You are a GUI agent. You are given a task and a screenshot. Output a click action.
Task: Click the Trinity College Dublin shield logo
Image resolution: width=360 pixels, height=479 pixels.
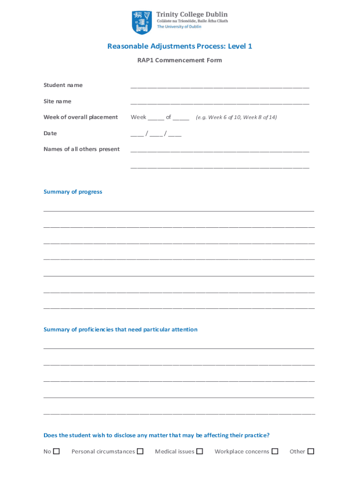(x=142, y=23)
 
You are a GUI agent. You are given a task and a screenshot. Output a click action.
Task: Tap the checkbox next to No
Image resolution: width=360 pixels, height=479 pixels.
(x=57, y=451)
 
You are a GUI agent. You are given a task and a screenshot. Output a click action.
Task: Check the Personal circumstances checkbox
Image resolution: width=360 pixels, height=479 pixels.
(x=140, y=451)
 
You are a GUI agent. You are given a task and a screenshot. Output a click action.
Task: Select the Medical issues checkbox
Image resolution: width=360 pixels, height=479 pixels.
(x=200, y=451)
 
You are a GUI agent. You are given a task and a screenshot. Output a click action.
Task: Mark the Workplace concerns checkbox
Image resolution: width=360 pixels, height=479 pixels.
(x=275, y=451)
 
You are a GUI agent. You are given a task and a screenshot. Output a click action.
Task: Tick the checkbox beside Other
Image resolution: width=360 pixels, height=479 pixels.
(x=310, y=451)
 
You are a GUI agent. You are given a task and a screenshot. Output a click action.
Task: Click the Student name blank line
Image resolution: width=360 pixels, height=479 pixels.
(x=220, y=87)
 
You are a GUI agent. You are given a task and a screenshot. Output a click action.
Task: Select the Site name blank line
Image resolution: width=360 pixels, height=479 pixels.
(x=220, y=103)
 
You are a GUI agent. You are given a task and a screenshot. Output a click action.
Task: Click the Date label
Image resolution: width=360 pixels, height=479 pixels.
(x=50, y=133)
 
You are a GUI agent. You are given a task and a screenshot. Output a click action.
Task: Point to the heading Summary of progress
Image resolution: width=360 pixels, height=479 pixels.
(x=73, y=192)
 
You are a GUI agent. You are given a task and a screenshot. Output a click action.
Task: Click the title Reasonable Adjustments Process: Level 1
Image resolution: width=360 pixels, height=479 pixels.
(x=180, y=46)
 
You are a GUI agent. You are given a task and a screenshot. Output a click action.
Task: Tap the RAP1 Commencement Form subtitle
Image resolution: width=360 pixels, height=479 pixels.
(x=180, y=60)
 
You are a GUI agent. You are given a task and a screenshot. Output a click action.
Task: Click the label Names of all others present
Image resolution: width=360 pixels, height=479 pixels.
(x=81, y=149)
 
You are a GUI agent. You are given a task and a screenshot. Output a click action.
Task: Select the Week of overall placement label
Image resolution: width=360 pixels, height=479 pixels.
(x=80, y=117)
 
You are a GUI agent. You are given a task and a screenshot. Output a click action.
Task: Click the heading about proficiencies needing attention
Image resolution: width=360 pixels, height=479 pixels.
(x=121, y=330)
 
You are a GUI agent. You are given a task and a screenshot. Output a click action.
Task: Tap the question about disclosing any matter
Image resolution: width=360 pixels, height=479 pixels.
(x=157, y=435)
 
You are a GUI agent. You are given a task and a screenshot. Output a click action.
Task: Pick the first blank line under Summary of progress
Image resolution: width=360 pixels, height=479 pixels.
(x=179, y=211)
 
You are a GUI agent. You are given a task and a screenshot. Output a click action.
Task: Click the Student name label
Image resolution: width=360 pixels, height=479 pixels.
(x=63, y=85)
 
